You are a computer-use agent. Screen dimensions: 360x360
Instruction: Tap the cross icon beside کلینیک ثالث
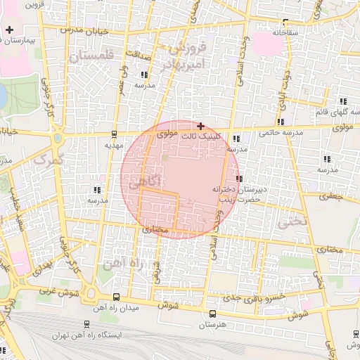[201, 125]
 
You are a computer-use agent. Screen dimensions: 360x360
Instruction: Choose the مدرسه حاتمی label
[281, 131]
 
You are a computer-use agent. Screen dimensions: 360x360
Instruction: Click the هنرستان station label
[210, 324]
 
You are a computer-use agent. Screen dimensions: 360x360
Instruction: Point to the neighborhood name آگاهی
[146, 181]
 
